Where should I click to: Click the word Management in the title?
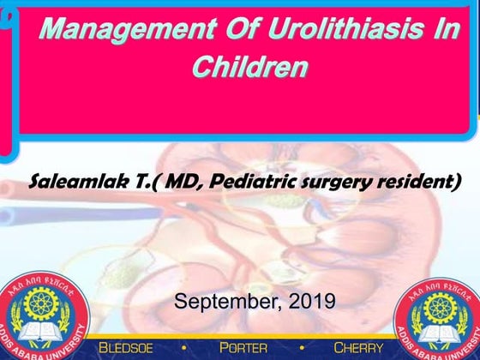point(109,33)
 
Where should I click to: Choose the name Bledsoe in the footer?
point(133,347)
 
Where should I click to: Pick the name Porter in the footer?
point(243,347)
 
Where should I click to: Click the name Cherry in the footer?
point(358,347)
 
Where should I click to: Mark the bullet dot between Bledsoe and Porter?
point(189,347)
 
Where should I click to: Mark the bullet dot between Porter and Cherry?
point(300,347)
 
